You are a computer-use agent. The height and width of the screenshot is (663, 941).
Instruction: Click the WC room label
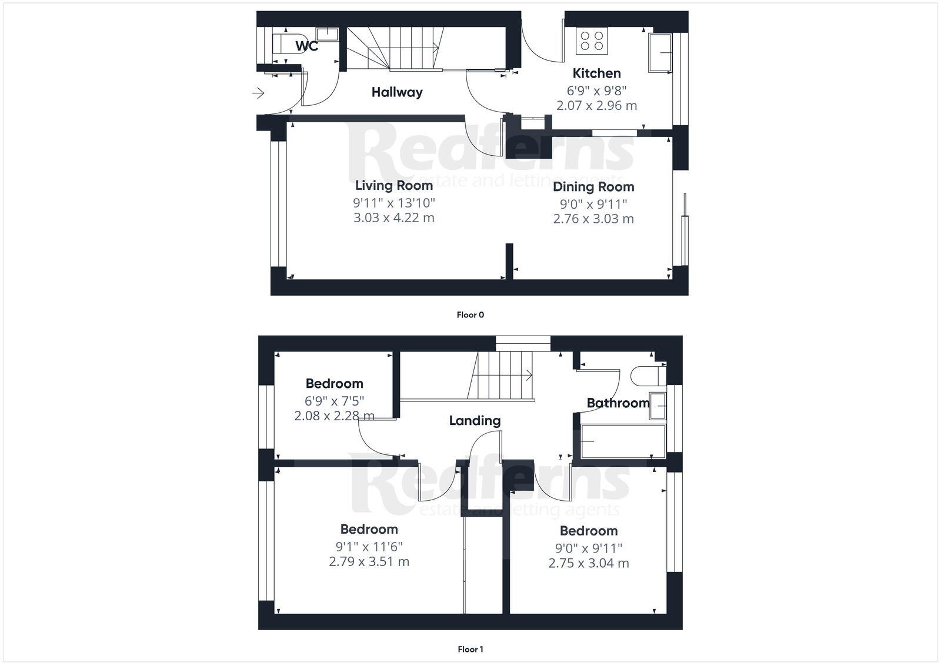[x=306, y=45]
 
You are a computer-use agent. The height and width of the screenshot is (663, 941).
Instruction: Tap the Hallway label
[x=396, y=92]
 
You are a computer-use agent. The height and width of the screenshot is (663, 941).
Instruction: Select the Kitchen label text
[x=596, y=73]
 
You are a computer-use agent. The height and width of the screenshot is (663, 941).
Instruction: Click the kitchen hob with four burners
[x=592, y=41]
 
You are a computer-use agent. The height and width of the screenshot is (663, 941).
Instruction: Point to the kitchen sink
[x=660, y=53]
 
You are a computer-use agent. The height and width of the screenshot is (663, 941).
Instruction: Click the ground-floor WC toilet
[x=283, y=43]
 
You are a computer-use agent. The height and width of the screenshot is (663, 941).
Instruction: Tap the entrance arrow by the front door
[x=258, y=93]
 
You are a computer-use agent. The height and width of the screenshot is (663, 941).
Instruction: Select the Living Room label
[x=393, y=186]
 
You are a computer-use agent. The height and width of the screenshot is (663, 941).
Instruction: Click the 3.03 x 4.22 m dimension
[x=393, y=218]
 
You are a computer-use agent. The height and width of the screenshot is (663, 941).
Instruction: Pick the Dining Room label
[x=593, y=187]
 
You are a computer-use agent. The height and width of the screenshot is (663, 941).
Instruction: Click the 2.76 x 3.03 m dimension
[x=593, y=219]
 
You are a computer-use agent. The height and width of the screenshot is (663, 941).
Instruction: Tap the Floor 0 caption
[x=470, y=315]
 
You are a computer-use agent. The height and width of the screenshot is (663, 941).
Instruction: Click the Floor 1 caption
[x=470, y=649]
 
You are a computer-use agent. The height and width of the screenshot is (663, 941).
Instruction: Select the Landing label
[x=475, y=421]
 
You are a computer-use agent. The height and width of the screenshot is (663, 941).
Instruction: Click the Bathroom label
[x=618, y=403]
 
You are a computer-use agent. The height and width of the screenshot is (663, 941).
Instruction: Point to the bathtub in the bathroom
[x=623, y=441]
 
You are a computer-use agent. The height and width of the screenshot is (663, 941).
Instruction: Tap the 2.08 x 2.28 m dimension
[x=334, y=416]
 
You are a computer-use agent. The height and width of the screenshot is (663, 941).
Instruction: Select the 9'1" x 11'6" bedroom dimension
[x=369, y=546]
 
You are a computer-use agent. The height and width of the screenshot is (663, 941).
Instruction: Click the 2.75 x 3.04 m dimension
[x=589, y=564]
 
